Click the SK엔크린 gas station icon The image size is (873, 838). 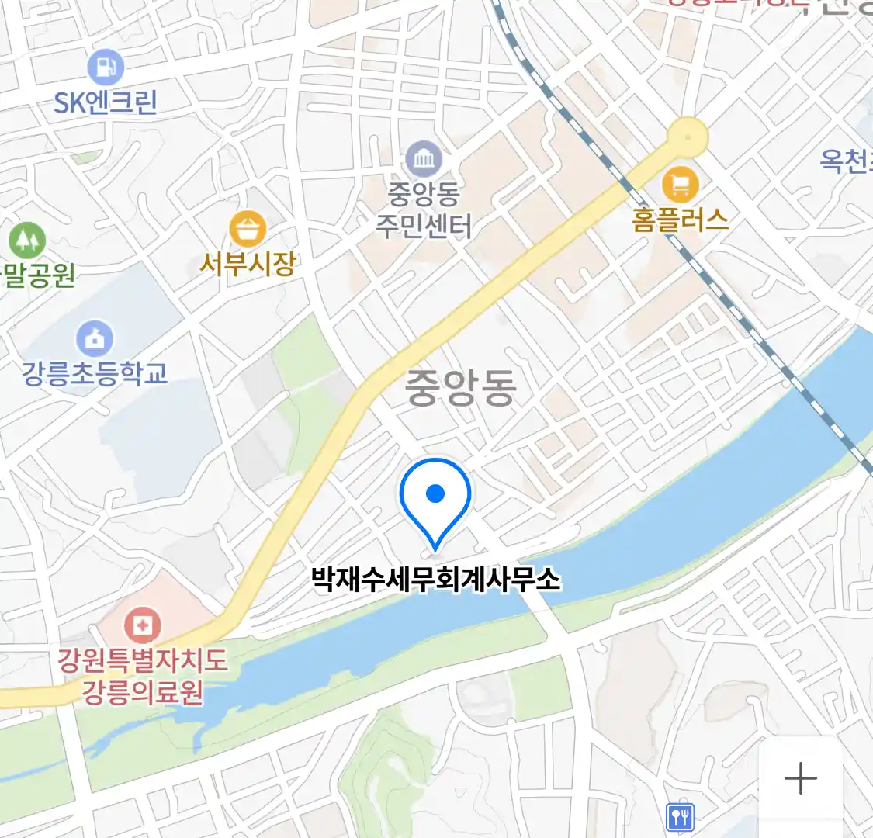(106, 67)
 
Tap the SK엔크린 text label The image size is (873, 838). (106, 102)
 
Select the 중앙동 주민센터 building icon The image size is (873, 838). (424, 160)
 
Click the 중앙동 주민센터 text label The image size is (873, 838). (424, 209)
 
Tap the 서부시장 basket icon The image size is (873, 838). (248, 229)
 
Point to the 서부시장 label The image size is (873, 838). (248, 265)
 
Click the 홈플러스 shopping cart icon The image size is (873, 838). (680, 185)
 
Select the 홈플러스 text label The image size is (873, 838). (680, 220)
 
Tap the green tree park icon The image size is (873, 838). (27, 240)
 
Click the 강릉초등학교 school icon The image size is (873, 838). (95, 339)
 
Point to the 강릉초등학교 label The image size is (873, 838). (95, 374)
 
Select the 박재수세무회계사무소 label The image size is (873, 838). (435, 579)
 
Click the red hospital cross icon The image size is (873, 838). (143, 625)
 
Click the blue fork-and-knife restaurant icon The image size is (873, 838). (680, 816)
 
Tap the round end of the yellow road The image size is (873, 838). (688, 137)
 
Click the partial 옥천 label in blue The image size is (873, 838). (846, 161)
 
